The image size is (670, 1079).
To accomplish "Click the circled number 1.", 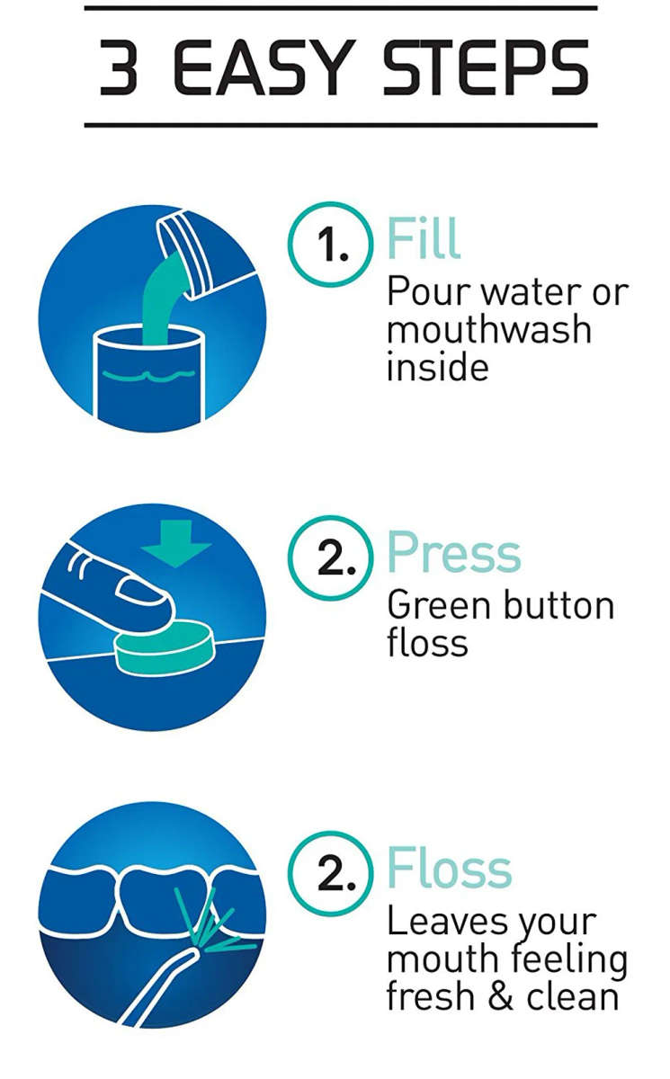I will [329, 244].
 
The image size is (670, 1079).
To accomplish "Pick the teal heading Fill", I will [423, 239].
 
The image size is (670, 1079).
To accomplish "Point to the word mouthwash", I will [488, 329].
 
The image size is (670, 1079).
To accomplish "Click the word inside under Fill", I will [437, 367].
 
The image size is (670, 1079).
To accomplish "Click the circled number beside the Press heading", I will [330, 557].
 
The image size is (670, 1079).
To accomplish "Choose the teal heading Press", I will [453, 554].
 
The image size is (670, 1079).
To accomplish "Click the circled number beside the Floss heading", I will [330, 871].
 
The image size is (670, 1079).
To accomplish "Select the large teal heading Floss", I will [449, 869].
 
